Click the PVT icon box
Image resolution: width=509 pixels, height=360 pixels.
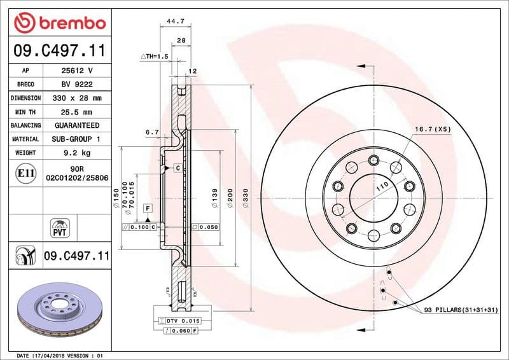click(x=59, y=228)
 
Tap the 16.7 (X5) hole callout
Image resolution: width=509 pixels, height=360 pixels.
click(x=432, y=129)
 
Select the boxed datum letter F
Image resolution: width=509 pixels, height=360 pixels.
click(x=148, y=208)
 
